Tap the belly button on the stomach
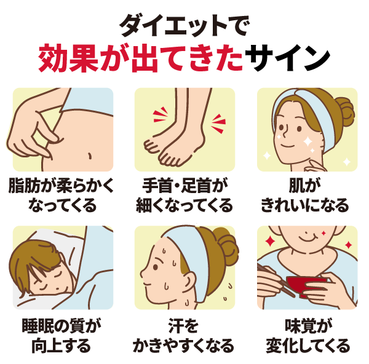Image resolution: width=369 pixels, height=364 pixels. [x=90, y=156]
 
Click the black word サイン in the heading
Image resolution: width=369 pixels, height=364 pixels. [x=287, y=58]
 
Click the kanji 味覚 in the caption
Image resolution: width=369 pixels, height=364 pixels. [x=301, y=326]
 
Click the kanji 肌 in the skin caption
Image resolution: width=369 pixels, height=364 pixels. [x=297, y=186]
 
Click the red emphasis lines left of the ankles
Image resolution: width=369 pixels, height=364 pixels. [x=161, y=114]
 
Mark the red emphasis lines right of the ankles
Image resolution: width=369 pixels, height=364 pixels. [x=218, y=124]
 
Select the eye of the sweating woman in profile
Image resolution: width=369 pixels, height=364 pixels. [x=156, y=267]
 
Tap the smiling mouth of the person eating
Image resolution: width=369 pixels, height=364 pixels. [x=307, y=239]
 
